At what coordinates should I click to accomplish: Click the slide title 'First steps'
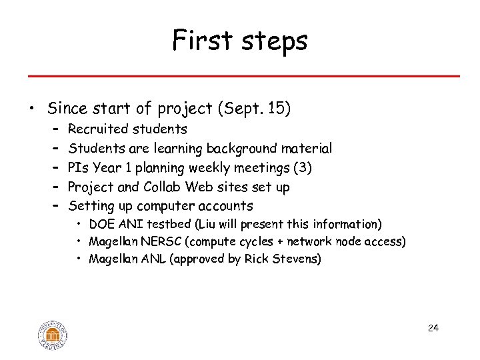coord(240,41)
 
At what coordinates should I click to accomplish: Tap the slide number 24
coord(433,328)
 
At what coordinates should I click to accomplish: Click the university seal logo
coord(53,334)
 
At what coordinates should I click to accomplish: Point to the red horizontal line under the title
coord(240,76)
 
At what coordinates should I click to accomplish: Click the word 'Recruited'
coord(98,129)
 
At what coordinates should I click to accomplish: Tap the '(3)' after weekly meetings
coord(300,167)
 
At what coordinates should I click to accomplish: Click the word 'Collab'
coord(162,187)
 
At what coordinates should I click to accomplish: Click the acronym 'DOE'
coord(101,224)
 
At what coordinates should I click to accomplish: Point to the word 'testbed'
coord(150,224)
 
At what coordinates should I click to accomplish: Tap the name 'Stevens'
coord(299,259)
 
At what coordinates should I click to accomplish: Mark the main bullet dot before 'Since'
coord(31,109)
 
